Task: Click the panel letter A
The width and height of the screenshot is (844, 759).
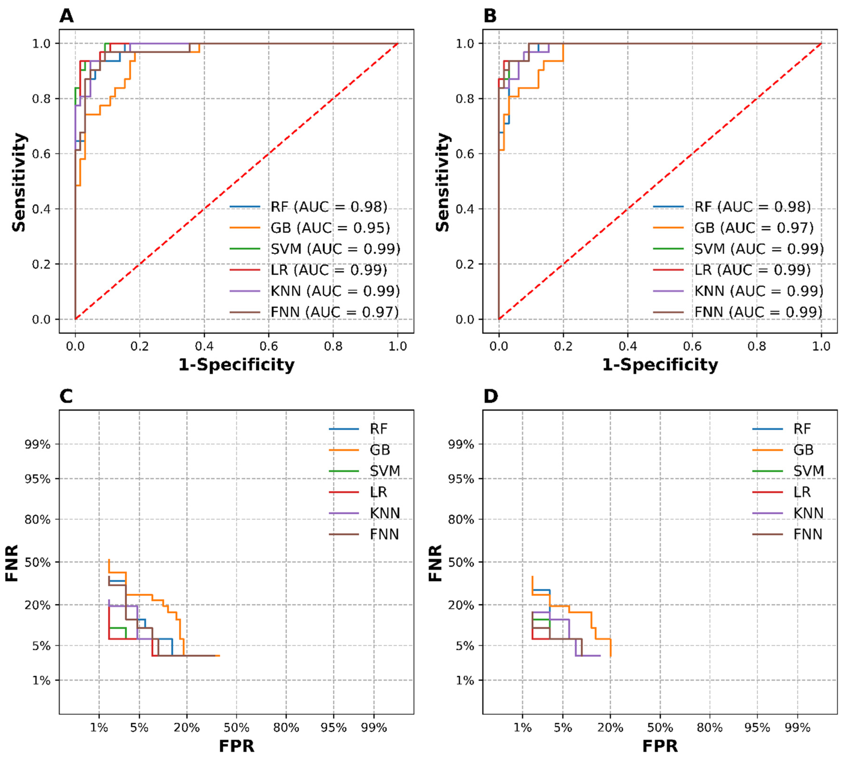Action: click(x=67, y=16)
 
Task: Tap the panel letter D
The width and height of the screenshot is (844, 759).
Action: click(x=491, y=396)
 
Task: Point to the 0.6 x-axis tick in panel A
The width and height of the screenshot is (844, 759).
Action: click(x=268, y=346)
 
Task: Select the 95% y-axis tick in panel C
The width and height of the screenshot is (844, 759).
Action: click(x=37, y=479)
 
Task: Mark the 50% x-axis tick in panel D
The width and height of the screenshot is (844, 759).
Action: click(x=660, y=728)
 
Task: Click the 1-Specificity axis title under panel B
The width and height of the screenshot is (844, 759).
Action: click(x=660, y=365)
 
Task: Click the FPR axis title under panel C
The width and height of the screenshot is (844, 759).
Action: click(x=236, y=746)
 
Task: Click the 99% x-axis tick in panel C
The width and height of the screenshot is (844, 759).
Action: click(x=374, y=728)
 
